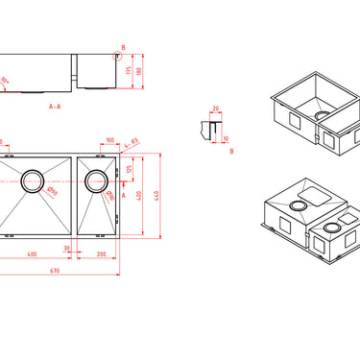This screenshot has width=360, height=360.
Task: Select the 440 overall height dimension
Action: click(x=156, y=196)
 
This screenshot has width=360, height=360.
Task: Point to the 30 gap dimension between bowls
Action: click(x=67, y=248)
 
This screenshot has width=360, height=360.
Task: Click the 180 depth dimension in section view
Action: click(x=139, y=71)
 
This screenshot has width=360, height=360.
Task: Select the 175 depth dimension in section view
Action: click(x=128, y=71)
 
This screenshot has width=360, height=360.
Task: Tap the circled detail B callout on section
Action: click(x=120, y=49)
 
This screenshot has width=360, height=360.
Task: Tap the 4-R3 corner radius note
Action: click(x=132, y=143)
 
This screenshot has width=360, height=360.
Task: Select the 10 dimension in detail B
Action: click(x=227, y=137)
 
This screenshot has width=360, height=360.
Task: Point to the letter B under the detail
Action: click(x=232, y=151)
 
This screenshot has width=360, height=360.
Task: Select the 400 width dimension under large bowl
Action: click(x=32, y=254)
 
